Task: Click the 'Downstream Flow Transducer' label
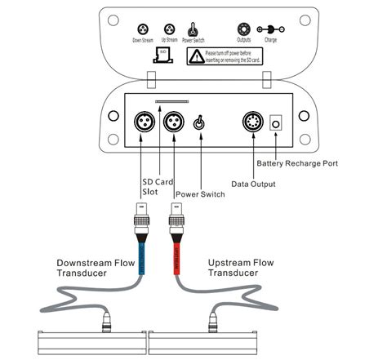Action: [97, 269]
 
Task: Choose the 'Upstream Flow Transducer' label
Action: [244, 269]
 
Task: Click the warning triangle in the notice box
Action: [195, 56]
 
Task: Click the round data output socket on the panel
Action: [253, 123]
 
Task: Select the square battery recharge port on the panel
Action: [277, 123]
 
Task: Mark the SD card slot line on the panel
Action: [173, 104]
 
